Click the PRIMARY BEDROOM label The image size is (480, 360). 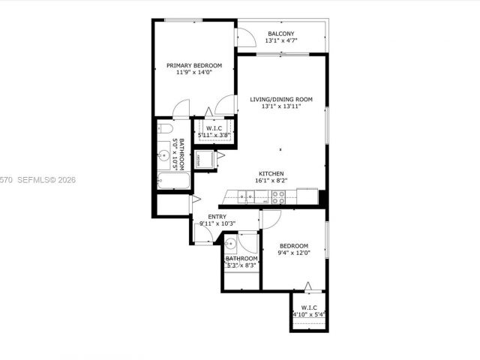(194, 66)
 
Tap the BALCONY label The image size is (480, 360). (280, 34)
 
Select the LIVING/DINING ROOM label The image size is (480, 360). (281, 99)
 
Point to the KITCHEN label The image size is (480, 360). (271, 172)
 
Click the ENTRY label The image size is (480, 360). (206, 217)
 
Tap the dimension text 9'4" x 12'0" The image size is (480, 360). (293, 253)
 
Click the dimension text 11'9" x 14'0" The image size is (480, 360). (194, 73)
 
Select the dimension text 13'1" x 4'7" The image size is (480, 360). (280, 41)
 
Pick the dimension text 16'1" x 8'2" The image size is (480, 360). (271, 180)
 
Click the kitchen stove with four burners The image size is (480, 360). (278, 197)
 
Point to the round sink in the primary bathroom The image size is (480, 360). (164, 156)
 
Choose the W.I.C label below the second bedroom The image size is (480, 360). (308, 307)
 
